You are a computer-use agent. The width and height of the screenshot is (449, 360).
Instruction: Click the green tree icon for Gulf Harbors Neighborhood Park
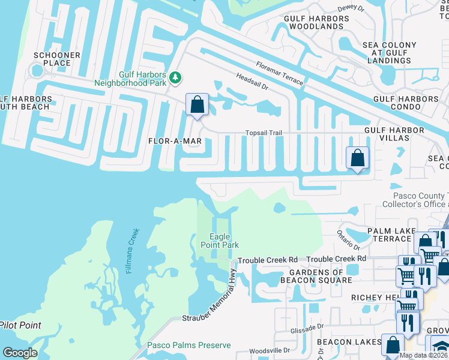pos(175,77)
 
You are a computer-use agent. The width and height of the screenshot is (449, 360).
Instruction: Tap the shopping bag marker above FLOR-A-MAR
pos(197,105)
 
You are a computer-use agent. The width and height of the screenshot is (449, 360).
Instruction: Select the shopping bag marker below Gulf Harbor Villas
pos(357,158)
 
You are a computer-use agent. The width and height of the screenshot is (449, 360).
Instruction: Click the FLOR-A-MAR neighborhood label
pos(174,142)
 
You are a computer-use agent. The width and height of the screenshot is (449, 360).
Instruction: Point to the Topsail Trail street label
pos(263,133)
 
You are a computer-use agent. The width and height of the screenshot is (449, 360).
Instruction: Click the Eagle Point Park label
pos(224,241)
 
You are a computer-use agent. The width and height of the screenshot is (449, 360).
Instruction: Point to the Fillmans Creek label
pos(133,251)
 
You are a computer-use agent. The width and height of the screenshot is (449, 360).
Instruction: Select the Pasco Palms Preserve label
pos(188,345)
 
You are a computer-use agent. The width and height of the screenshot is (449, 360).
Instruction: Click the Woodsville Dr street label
pos(270,350)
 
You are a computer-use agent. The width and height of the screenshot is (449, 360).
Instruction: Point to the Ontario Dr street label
pos(348,241)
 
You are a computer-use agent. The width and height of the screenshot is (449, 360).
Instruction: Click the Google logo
pos(20,352)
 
